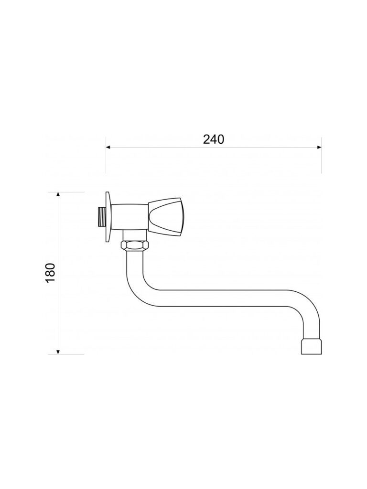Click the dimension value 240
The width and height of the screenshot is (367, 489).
tap(214, 139)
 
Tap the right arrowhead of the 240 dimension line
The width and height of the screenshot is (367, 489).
tap(319, 147)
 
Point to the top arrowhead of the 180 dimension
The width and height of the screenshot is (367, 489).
tap(58, 195)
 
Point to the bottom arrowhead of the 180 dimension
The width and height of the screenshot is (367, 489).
tap(58, 351)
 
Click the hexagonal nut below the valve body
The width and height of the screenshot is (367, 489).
tap(135, 245)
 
